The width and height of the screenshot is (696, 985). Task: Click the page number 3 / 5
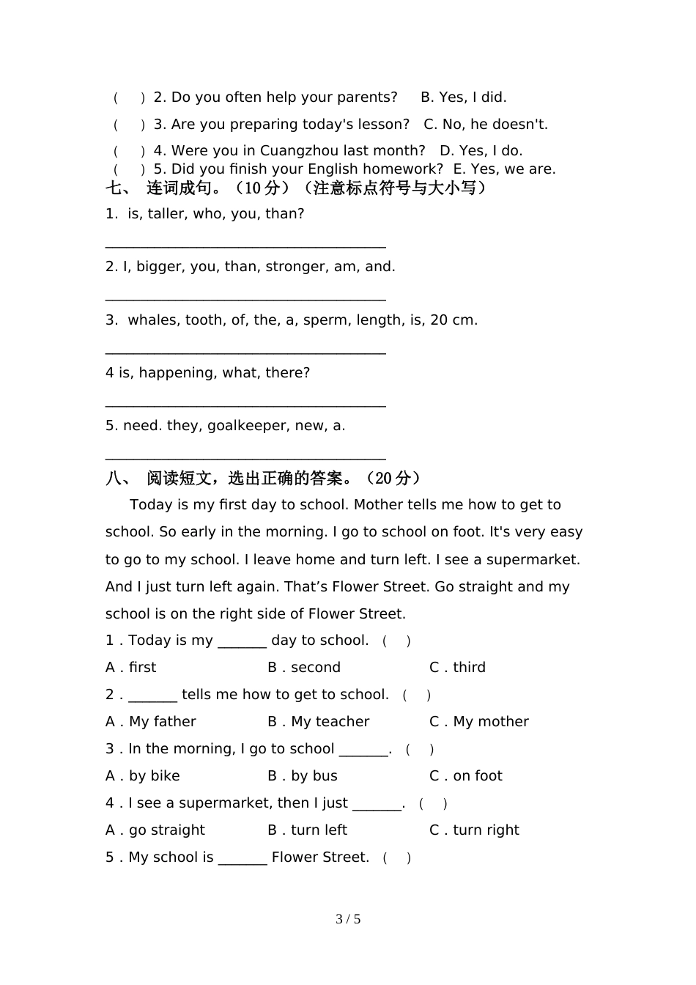point(348,919)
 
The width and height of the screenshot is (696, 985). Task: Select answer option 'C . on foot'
point(466,776)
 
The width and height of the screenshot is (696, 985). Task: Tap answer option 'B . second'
point(304,668)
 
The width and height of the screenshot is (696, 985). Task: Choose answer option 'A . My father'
point(151,722)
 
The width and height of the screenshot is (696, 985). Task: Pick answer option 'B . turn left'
point(308,830)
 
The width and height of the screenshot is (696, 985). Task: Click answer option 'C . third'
point(457,668)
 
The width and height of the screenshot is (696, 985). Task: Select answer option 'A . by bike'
point(143,776)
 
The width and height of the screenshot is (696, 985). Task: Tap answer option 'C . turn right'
point(474,830)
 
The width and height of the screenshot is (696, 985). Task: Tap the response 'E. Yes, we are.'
point(504,169)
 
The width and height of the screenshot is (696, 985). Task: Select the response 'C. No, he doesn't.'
point(486,125)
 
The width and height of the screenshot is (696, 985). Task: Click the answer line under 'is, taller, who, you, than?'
point(245,246)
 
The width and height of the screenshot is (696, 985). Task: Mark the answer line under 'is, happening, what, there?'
point(245,405)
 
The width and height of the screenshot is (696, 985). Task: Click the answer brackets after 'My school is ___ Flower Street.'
point(397,858)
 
